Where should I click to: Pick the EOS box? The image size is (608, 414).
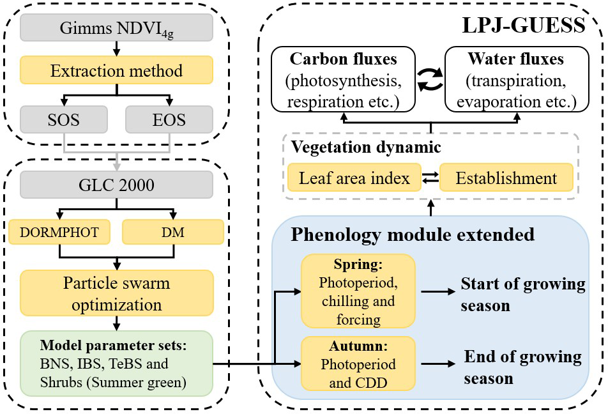pyautogui.click(x=169, y=118)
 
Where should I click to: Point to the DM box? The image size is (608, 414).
pyautogui.click(x=172, y=233)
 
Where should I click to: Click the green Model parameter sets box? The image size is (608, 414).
pyautogui.click(x=116, y=363)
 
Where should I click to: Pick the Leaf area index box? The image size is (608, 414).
pyautogui.click(x=353, y=178)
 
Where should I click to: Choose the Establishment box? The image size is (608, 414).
pyautogui.click(x=506, y=178)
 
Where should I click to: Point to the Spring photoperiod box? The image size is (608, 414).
pyautogui.click(x=358, y=292)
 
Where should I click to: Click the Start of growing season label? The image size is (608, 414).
pyautogui.click(x=522, y=295)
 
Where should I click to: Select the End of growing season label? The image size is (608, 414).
pyautogui.click(x=522, y=367)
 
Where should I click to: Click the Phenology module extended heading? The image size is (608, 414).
pyautogui.click(x=412, y=234)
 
